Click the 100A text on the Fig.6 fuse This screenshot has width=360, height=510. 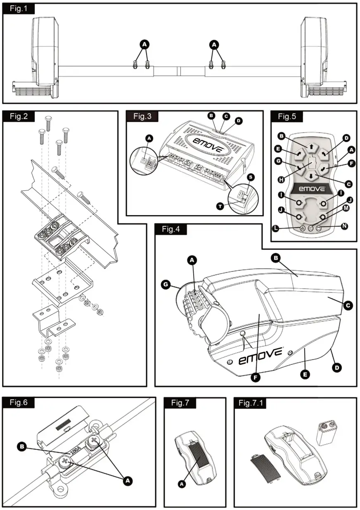tap(75, 451)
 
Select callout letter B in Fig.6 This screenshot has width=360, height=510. tap(23, 446)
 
